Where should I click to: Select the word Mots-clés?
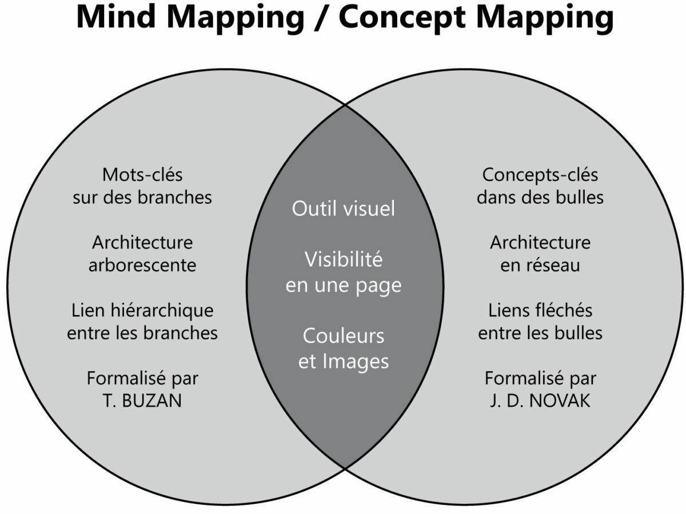coord(142,174)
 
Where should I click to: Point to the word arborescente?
coord(142,265)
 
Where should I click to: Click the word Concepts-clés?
coord(540,174)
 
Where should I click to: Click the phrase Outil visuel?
coord(344,208)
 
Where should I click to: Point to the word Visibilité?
coord(344,260)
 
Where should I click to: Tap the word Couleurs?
coord(344,336)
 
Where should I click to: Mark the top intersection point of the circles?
coord(345,106)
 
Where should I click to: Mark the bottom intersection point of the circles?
coord(345,468)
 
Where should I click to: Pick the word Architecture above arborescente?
coord(142,243)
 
